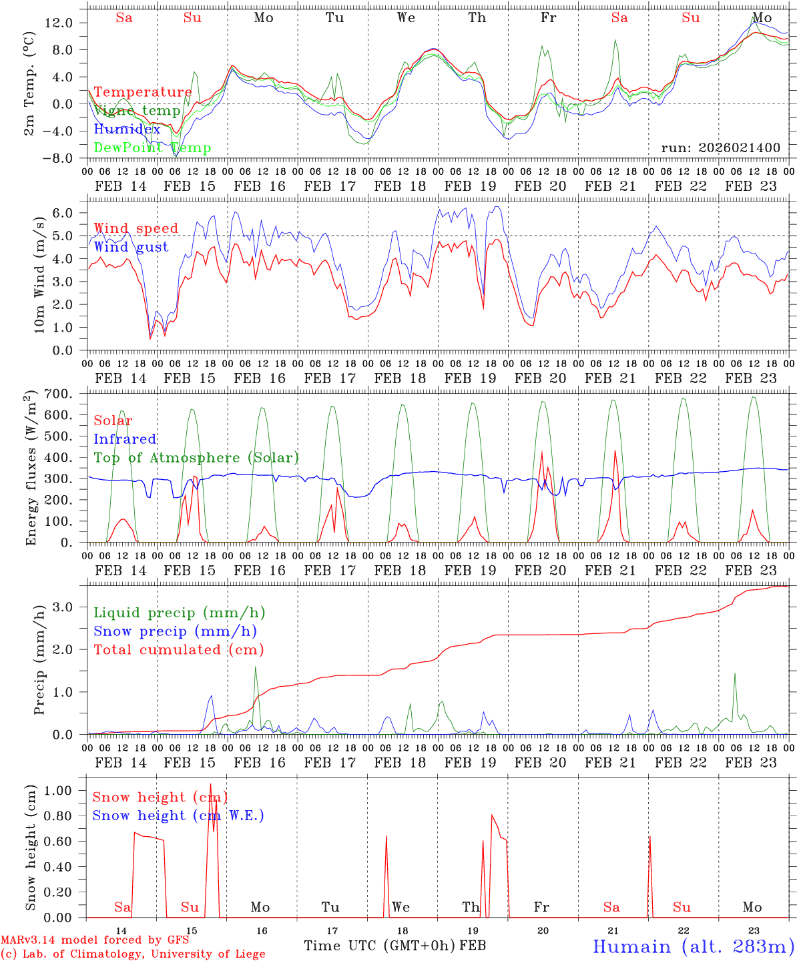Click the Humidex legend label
(127, 129)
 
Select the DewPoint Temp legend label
(152, 147)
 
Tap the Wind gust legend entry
(131, 247)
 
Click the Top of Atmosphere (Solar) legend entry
(196, 458)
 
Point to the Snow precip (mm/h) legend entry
(175, 631)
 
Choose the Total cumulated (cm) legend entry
(178, 649)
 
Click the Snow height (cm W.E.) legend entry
(178, 816)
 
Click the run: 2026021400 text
(720, 147)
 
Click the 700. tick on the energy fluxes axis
(59, 394)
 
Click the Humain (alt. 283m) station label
(693, 946)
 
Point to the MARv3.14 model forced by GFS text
(95, 940)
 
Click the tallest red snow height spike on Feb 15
(210, 785)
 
